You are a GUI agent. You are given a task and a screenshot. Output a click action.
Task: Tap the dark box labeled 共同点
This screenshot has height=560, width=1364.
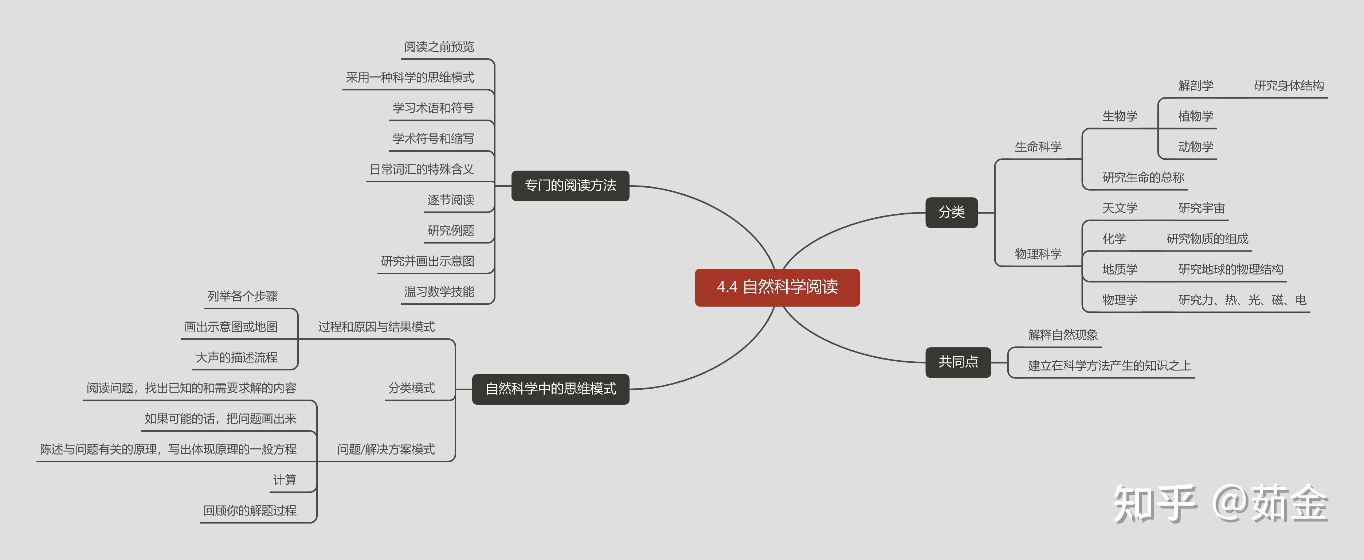tap(957, 362)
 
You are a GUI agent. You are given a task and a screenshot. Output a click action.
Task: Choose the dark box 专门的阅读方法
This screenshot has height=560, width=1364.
tap(570, 186)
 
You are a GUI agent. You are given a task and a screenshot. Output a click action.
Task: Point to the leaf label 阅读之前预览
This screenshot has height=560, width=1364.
tap(439, 47)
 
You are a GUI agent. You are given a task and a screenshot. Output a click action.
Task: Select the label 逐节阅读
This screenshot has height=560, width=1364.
tap(451, 200)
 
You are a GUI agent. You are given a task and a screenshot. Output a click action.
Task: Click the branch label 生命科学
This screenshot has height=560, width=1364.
tap(1038, 147)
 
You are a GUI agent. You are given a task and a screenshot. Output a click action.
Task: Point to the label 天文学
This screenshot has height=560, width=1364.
tap(1120, 208)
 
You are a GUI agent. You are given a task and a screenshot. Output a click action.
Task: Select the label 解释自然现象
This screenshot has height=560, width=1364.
tap(1063, 335)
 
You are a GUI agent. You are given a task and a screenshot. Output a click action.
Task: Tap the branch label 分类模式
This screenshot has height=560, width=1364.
tap(411, 388)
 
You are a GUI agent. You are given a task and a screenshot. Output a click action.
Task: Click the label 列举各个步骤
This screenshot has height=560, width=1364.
tap(243, 296)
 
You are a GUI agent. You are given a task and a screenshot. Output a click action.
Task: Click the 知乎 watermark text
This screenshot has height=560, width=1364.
tap(1154, 503)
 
